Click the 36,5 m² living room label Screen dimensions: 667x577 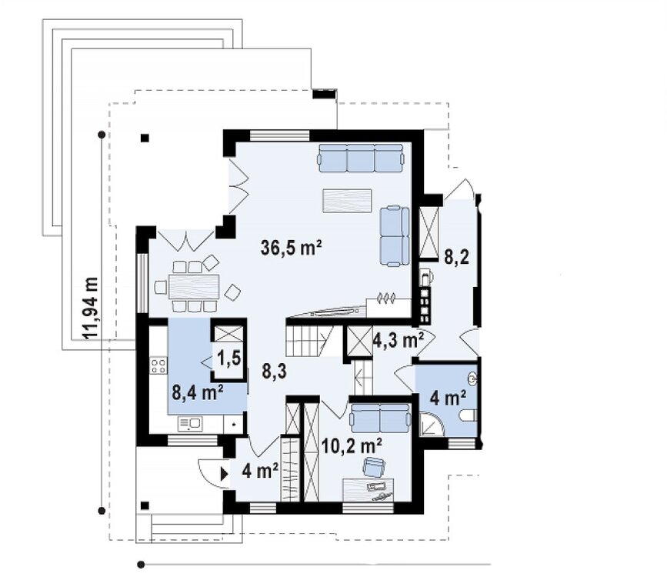tap(292, 247)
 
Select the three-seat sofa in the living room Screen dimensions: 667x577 tap(360, 158)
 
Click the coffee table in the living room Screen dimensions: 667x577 tap(347, 201)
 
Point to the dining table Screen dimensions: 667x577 tap(194, 286)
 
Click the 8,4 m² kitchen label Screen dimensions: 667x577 tap(198, 392)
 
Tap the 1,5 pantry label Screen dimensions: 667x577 tap(229, 359)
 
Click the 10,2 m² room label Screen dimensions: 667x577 tap(352, 446)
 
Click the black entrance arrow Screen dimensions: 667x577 tap(224, 474)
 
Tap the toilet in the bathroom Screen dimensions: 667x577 tap(469, 415)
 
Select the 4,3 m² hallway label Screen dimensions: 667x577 tap(399, 339)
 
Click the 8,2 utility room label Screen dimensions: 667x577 tap(457, 257)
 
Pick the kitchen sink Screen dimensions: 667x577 tap(190, 424)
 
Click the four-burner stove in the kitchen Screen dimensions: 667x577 tap(158, 366)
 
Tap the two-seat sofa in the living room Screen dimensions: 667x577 tap(395, 236)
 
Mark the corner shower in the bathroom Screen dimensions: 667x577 tap(432, 424)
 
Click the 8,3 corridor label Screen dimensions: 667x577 tap(274, 372)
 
